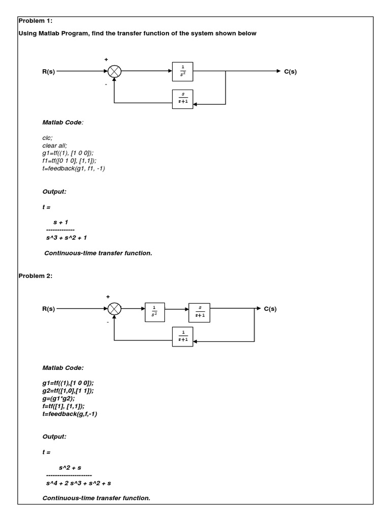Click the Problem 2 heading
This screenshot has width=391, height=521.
pos(35,276)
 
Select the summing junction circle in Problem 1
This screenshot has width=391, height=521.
pos(114,72)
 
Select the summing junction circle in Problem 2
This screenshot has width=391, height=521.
pos(114,308)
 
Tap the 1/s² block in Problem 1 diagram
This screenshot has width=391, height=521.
pos(183,72)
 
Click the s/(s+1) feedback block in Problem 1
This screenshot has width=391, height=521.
pos(183,99)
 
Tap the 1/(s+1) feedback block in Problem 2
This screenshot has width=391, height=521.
pos(183,336)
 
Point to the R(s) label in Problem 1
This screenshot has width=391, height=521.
pos(48,72)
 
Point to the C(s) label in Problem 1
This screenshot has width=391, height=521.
pos(290,72)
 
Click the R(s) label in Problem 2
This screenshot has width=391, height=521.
pos(48,309)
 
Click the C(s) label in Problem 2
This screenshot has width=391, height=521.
pos(270,309)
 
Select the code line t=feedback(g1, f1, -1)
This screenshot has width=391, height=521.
pos(74,168)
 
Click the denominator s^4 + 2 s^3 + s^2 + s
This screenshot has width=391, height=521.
pos(78,482)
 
